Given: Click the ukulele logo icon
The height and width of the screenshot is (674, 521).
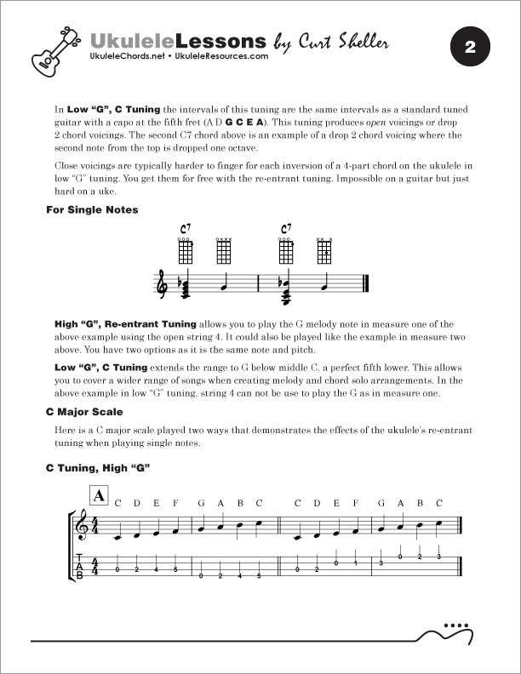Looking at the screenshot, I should pos(50,49).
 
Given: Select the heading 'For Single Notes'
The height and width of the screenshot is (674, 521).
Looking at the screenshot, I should pos(91,209).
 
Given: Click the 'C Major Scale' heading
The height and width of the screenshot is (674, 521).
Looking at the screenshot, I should pos(85,412).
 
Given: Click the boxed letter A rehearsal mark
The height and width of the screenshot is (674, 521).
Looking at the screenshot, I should pos(99,494).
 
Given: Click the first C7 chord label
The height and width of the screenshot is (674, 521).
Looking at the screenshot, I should pos(186,229).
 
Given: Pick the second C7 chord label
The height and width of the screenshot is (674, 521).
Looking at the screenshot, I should pos(287,229).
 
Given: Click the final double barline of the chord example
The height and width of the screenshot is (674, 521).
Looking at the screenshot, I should pos(365,284).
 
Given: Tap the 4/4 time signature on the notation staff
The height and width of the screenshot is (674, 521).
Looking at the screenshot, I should pos(95,527).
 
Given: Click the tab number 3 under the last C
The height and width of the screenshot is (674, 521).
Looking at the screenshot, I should pos(438,557).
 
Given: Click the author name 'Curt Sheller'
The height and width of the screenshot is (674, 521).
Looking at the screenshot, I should pos(333,41).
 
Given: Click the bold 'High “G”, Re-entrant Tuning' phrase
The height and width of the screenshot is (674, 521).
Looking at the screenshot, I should pos(125,324).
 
